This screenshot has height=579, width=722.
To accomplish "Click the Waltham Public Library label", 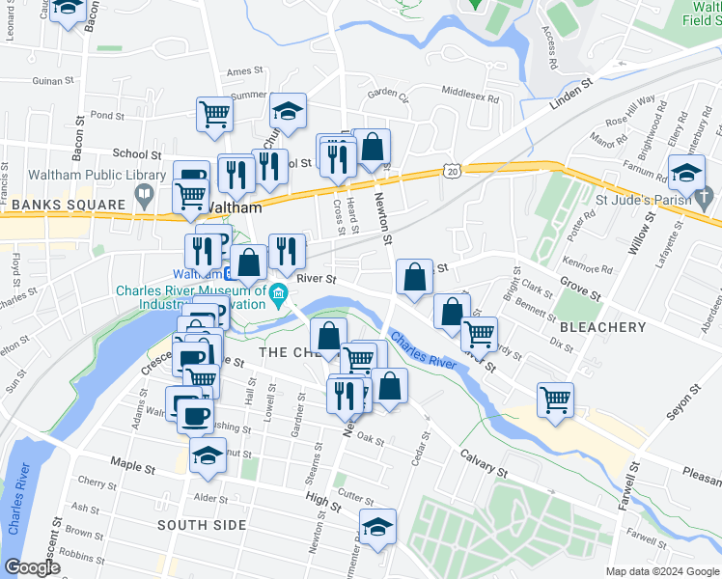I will click(84, 175).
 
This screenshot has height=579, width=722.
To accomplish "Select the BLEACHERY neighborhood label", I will click(602, 327).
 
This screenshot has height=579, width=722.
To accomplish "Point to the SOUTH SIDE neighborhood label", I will click(203, 525).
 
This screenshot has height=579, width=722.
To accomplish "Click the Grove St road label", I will click(582, 289).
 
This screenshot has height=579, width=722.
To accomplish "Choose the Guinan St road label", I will click(53, 83).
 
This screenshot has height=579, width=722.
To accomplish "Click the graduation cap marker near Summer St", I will click(288, 111).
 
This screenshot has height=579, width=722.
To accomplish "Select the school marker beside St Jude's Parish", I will click(687, 174).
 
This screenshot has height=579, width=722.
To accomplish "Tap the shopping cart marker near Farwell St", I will click(556, 399).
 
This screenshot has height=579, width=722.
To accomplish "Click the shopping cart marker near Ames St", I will click(214, 113).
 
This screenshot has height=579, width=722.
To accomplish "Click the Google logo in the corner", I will click(33, 568).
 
